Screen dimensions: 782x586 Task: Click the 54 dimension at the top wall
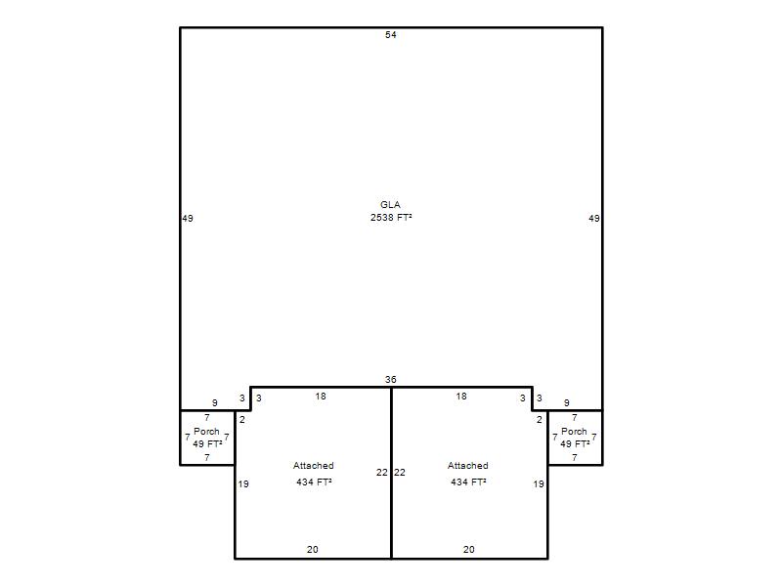[390, 35]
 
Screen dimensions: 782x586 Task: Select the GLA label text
[390, 205]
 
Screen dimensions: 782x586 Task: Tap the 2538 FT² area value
[391, 217]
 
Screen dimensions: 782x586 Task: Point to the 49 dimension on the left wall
[188, 218]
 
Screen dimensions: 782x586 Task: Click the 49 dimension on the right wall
[594, 218]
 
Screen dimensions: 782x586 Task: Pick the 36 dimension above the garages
[390, 380]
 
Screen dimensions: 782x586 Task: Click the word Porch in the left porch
[206, 431]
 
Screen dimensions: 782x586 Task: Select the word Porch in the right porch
[574, 431]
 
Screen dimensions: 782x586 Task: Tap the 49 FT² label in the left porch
[207, 443]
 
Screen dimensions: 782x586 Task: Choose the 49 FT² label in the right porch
[575, 443]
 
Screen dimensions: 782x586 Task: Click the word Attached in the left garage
[313, 466]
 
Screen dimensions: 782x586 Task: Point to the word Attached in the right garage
[468, 466]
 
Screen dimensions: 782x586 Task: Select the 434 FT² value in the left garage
[314, 481]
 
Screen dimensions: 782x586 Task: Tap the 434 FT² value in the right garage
[469, 481]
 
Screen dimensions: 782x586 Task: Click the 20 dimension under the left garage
[312, 549]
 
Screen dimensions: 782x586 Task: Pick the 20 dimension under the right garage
[469, 549]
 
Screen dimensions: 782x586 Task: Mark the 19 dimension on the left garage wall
[243, 483]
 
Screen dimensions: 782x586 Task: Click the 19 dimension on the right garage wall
[539, 483]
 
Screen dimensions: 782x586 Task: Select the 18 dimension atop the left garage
[321, 397]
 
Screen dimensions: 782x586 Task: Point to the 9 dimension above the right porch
[567, 402]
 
